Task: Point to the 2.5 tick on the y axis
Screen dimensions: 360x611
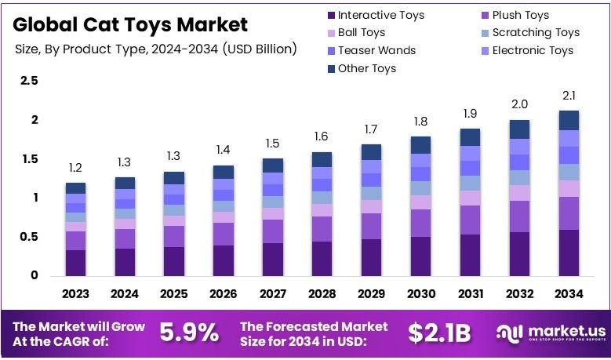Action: [x=29, y=81]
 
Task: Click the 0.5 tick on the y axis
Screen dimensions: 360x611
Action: [x=29, y=237]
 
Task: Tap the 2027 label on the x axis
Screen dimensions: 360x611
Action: [x=273, y=294]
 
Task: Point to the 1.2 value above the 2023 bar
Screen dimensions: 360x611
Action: [x=75, y=168]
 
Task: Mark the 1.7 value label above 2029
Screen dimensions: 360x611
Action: [x=371, y=129]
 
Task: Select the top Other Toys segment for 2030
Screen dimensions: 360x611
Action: [x=421, y=145]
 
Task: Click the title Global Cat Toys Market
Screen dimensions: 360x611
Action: [x=132, y=24]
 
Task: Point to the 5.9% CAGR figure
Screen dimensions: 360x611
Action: [x=189, y=333]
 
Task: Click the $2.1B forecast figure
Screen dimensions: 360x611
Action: [x=439, y=333]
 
